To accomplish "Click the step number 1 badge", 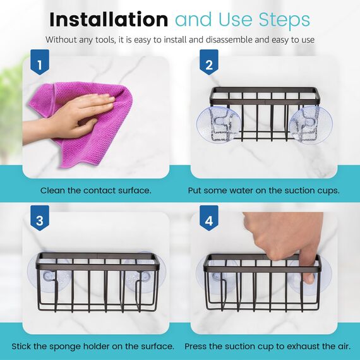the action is pos(40,62).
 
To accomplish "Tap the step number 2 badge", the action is pos(208,62).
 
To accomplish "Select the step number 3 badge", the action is pos(40,218).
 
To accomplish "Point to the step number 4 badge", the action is pos(208,218).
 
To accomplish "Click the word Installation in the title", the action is pos(109,20).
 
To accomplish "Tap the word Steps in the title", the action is pos(284,20).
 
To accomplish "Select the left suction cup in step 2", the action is pos(219,124).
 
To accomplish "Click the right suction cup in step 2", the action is pos(310,125).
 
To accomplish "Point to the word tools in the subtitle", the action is pos(105,40).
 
